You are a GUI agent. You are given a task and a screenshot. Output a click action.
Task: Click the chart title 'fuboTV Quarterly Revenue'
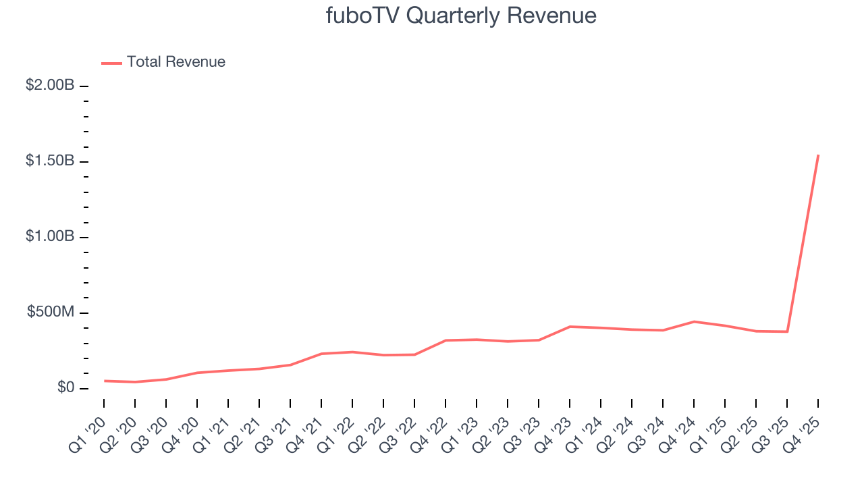461,16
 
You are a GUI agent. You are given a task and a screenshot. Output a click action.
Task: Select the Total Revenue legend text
175,62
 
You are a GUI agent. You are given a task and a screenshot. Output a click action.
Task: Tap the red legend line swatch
111,63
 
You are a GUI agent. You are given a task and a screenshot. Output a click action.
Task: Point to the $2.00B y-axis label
51,86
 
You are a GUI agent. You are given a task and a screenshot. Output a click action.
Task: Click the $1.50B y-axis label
51,161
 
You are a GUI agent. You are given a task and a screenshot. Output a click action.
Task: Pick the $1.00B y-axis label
51,237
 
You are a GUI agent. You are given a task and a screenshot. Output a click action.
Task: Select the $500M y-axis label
51,313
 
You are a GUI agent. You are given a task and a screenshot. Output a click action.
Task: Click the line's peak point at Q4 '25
818,155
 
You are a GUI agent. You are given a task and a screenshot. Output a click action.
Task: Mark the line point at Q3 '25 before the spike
787,331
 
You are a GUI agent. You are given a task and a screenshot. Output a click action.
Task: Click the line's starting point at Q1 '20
104,381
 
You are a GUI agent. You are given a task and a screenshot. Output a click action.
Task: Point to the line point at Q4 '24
694,321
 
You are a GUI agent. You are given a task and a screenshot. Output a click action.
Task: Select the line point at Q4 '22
446,340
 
